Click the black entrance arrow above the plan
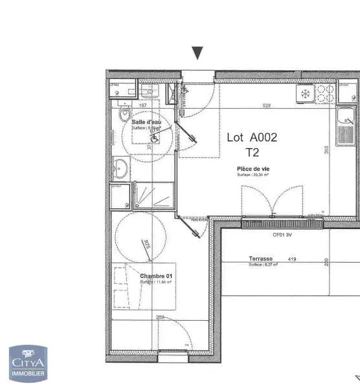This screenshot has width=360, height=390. tap(197, 53)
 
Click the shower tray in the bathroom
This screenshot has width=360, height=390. tap(153, 194)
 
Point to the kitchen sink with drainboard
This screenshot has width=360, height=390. tap(346, 127)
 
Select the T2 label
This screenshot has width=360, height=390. tap(252, 153)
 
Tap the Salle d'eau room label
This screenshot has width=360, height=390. tap(146, 122)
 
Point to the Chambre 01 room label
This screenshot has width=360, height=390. tap(156, 276)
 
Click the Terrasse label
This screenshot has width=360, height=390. tap(261, 259)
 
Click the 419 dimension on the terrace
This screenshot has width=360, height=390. tap(292, 259)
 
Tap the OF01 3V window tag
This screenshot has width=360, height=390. tap(282, 234)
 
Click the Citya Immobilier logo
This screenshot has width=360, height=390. tap(28, 363)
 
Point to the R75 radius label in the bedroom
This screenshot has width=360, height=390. tap(146, 244)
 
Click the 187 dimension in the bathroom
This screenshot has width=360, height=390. tap(142, 105)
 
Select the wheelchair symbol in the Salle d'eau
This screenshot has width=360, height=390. tap(155, 136)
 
